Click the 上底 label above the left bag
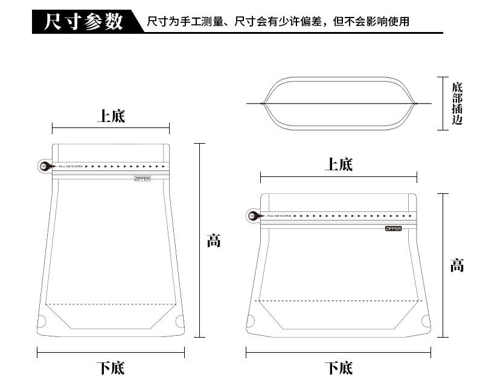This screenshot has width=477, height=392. click(x=111, y=116)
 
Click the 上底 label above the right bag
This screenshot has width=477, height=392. click(x=338, y=164)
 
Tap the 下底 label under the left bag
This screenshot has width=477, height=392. click(x=111, y=367)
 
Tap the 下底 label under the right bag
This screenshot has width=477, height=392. click(x=338, y=367)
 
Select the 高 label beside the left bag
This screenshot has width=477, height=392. click(x=214, y=240)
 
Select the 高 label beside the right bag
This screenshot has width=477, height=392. click(x=457, y=265)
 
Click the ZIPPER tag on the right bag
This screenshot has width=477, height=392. click(x=393, y=228)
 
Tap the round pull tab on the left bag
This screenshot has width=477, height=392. click(x=43, y=166)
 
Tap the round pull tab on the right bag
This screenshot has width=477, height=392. click(x=251, y=216)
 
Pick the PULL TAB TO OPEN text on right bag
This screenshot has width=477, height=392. click(x=278, y=216)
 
